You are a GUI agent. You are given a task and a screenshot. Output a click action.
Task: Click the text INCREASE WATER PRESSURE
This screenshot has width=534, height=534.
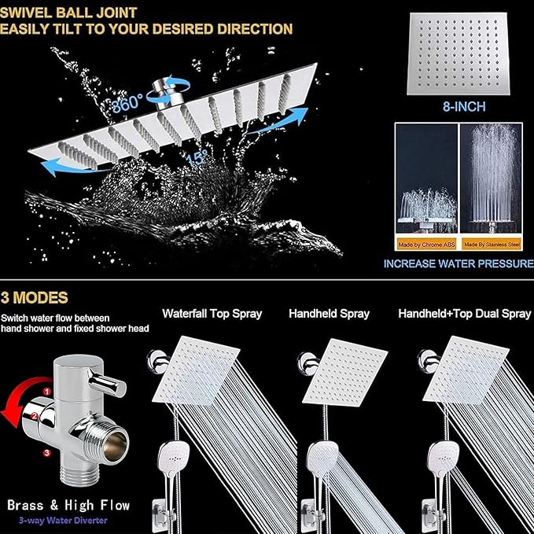(x=458, y=263)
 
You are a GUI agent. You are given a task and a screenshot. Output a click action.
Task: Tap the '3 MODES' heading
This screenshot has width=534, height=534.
(x=35, y=298)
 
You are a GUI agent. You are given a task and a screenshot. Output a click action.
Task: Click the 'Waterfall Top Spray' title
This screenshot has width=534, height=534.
(x=212, y=313)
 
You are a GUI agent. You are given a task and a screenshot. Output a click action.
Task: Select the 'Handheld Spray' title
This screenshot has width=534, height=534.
(x=329, y=313)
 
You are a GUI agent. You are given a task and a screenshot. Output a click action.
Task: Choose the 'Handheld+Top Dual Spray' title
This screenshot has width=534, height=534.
(x=464, y=313)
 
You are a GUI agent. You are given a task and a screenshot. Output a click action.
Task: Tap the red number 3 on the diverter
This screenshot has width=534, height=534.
(x=47, y=453)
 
